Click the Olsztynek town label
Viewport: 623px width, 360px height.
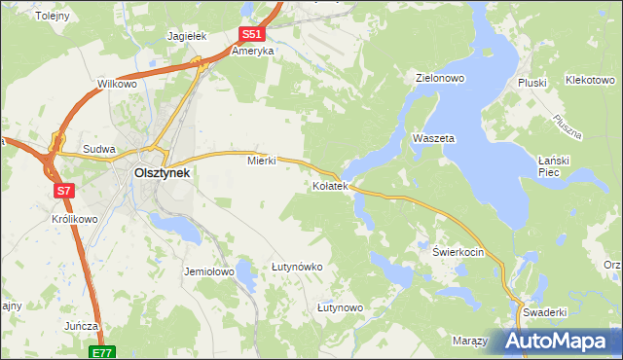pyautogui.click(x=161, y=172)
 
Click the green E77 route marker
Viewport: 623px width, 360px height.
pyautogui.click(x=102, y=351)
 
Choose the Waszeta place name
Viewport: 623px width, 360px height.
pyautogui.click(x=433, y=138)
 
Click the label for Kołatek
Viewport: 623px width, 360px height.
pyautogui.click(x=329, y=185)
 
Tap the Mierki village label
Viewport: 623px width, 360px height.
pyautogui.click(x=262, y=161)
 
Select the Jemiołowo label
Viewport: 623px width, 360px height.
pyautogui.click(x=209, y=271)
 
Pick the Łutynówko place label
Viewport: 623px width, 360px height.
pyautogui.click(x=297, y=266)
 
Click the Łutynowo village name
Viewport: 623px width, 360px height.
pyautogui.click(x=340, y=307)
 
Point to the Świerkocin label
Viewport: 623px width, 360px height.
pyautogui.click(x=458, y=250)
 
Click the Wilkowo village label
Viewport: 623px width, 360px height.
pyautogui.click(x=117, y=85)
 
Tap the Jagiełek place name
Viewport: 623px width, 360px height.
pyautogui.click(x=188, y=35)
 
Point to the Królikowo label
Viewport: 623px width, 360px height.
pyautogui.click(x=74, y=219)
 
